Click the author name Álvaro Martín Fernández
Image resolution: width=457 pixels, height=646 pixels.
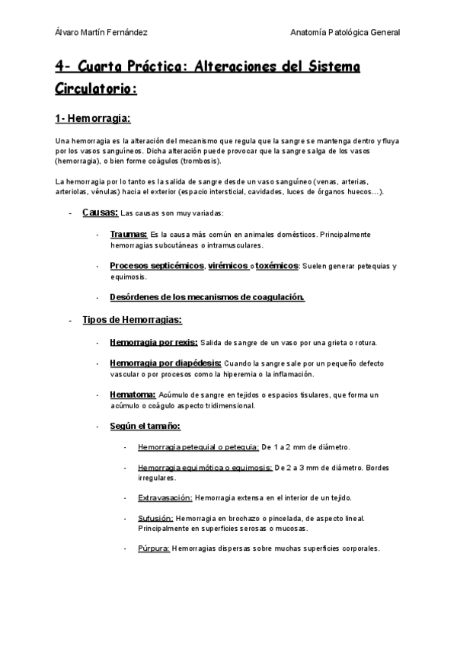pos(102,32)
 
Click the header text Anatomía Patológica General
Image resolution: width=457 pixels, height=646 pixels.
pos(346,32)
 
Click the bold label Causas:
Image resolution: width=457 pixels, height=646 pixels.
pos(100,213)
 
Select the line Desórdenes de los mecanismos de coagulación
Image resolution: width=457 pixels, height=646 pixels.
pos(207,296)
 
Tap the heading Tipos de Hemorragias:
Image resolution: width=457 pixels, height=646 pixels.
pos(132,320)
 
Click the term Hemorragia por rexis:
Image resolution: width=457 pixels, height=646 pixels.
pos(154,342)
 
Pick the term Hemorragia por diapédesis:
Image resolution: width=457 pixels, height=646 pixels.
pos(166,363)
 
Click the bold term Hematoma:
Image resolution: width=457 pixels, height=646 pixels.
pos(133,395)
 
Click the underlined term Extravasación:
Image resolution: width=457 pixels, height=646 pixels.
pos(165,497)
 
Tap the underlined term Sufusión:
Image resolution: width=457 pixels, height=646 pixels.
pos(155,518)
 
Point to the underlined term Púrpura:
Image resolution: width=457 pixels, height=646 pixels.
pos(154,548)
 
